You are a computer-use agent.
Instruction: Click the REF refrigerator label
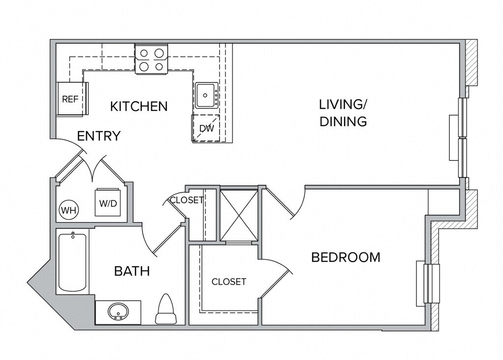click(x=70, y=99)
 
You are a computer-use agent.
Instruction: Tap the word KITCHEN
click(x=139, y=107)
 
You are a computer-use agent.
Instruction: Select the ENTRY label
click(x=99, y=136)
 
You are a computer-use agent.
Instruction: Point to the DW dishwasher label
click(x=207, y=129)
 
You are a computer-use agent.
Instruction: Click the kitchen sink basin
click(x=206, y=95)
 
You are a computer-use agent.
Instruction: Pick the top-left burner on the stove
click(x=144, y=53)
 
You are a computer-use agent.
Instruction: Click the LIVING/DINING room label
click(x=343, y=113)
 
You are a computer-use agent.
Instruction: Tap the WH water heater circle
click(x=69, y=210)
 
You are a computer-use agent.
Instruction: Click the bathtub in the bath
click(x=73, y=262)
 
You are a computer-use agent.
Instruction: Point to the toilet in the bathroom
click(x=166, y=309)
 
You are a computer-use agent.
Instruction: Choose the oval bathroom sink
click(x=118, y=311)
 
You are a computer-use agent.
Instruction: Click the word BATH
click(x=132, y=272)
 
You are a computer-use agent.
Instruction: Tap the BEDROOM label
click(x=346, y=257)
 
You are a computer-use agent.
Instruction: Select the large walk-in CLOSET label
click(x=229, y=282)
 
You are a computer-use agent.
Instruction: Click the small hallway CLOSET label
click(x=186, y=200)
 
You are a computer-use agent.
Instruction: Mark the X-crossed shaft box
click(x=239, y=215)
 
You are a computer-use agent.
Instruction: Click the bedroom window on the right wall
click(x=428, y=284)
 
